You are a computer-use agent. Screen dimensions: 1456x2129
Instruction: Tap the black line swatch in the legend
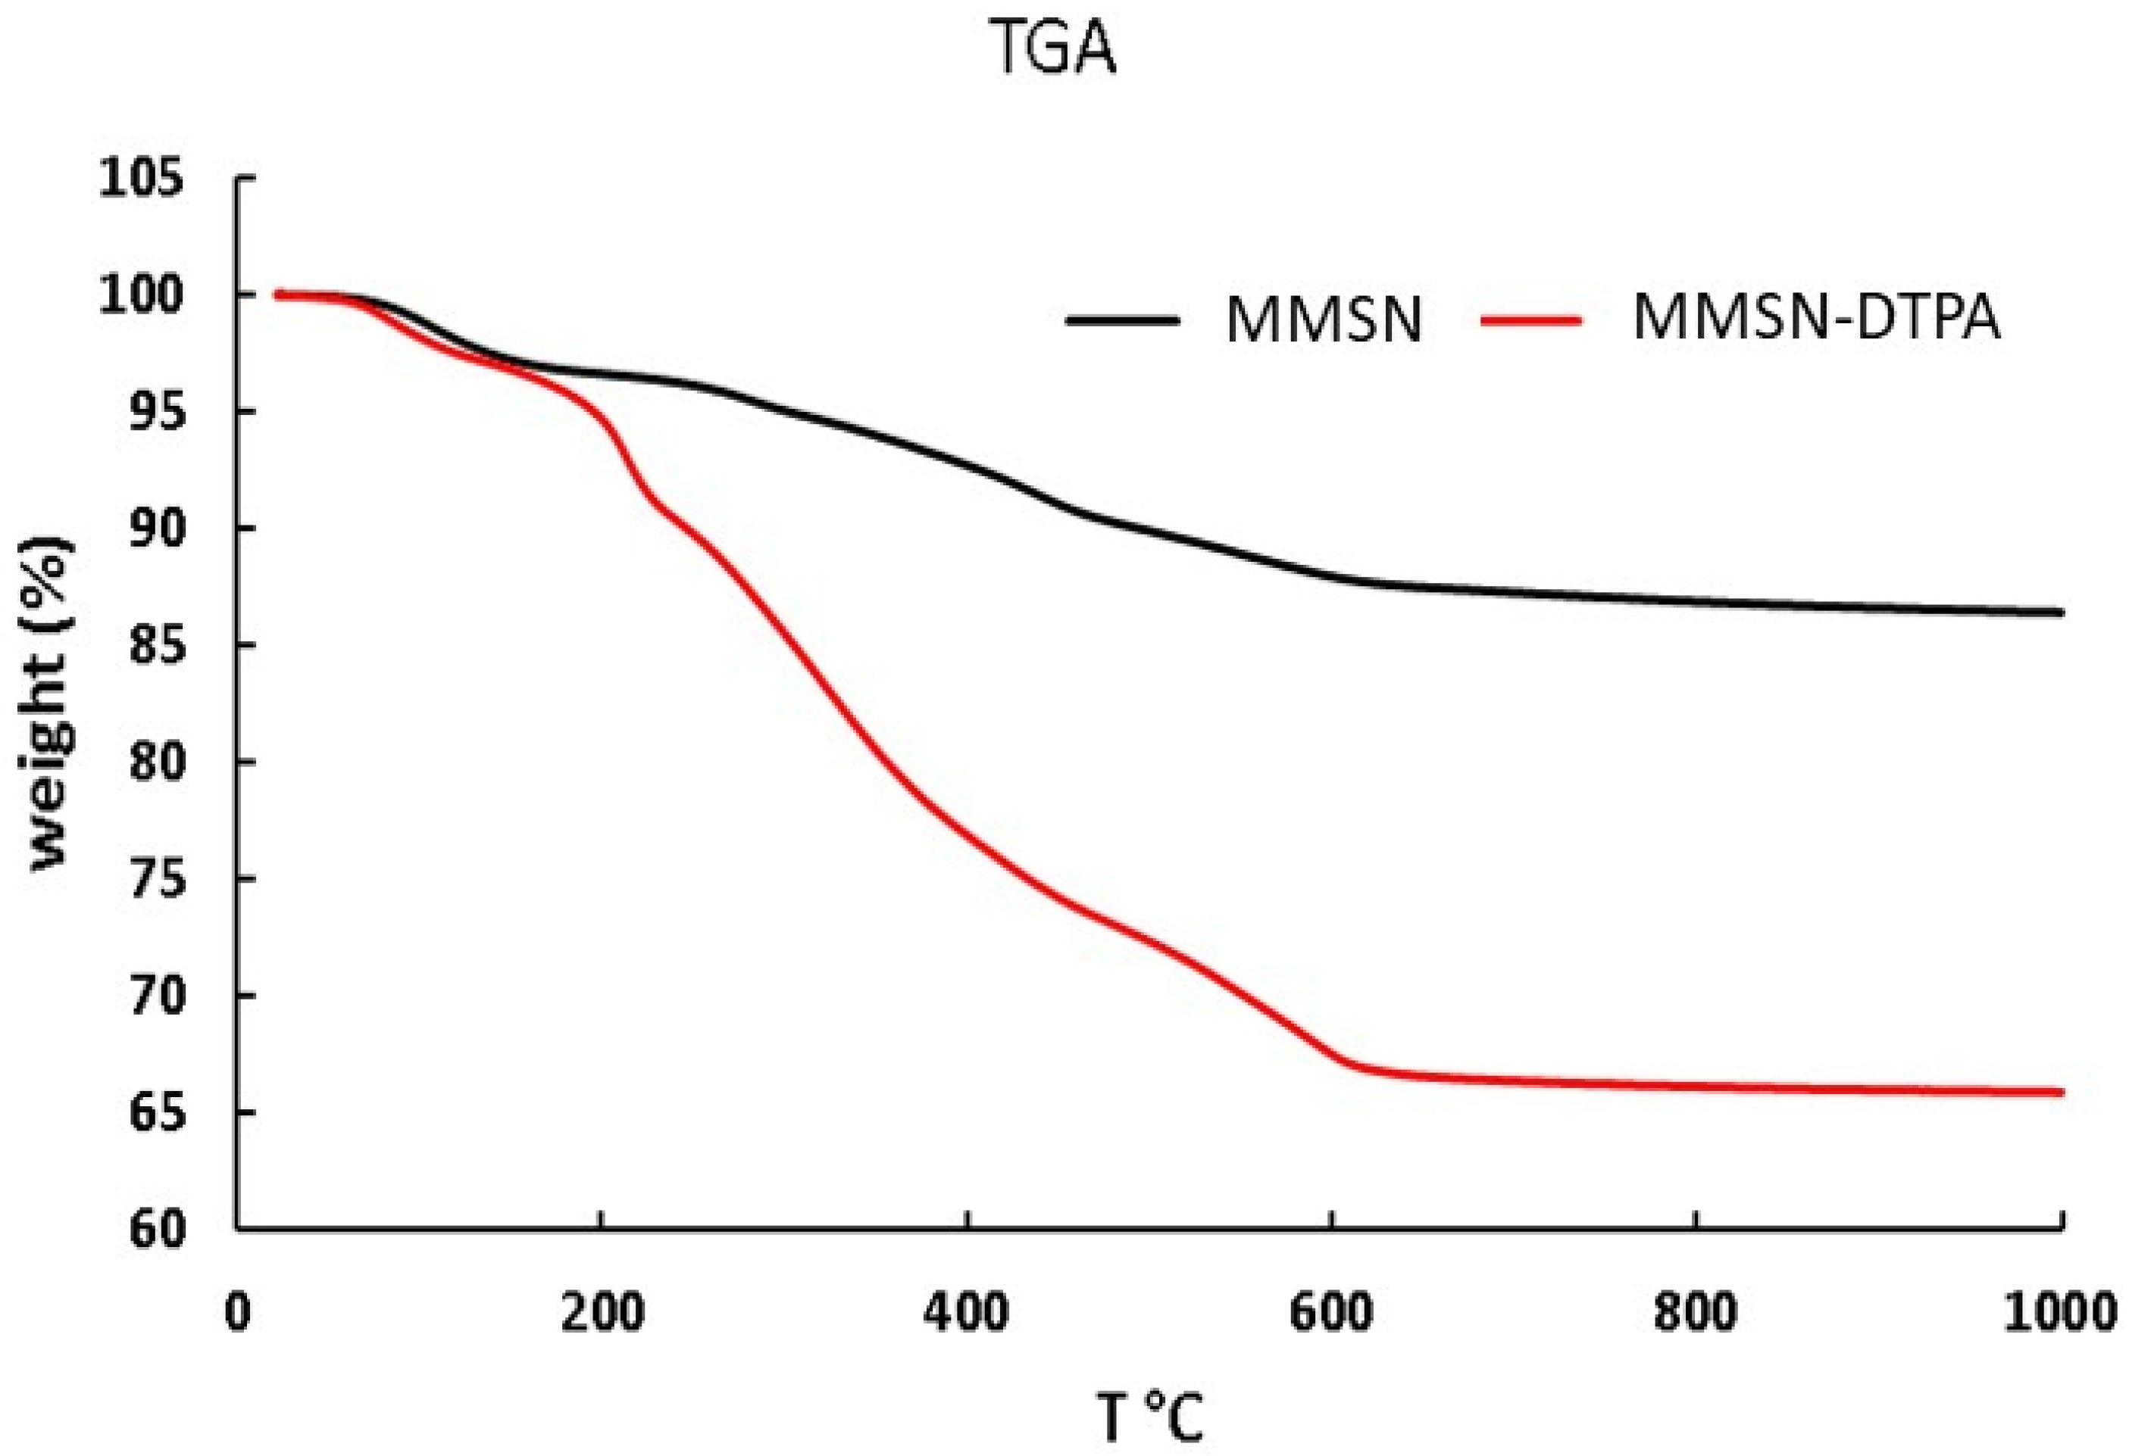[1122, 320]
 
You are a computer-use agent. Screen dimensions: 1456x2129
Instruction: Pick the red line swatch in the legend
[1530, 320]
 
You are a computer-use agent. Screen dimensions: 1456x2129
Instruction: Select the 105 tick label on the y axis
[142, 178]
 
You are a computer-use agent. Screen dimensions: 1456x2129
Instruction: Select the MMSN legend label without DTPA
[1324, 320]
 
